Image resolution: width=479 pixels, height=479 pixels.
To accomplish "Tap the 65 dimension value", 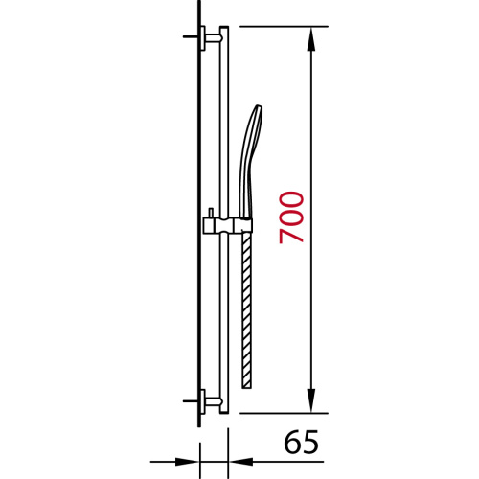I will pos(301,444).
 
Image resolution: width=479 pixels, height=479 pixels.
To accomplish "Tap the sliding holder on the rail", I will pos(226,225).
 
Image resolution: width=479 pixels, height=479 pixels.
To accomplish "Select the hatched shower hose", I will pos(248,307).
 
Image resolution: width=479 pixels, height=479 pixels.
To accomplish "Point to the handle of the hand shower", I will pos(247,192).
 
